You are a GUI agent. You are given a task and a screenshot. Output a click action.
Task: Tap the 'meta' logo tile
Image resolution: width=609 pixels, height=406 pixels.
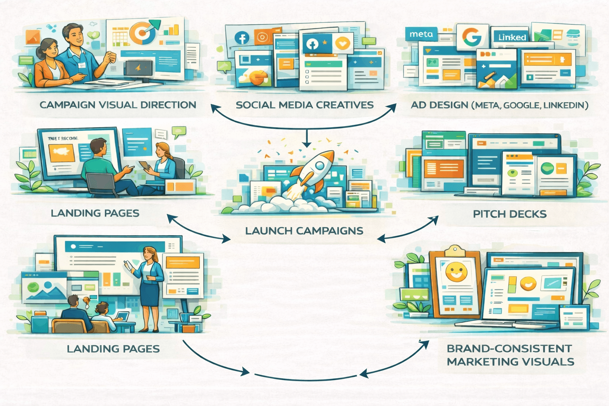(x=421, y=34)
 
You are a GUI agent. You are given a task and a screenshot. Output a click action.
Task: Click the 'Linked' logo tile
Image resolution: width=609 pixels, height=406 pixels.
(x=512, y=37)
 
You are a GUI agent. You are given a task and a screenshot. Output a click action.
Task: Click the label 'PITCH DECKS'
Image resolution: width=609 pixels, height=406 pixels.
(x=509, y=214)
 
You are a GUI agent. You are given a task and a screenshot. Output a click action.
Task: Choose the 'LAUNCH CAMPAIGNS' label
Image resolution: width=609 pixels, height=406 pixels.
(x=304, y=231)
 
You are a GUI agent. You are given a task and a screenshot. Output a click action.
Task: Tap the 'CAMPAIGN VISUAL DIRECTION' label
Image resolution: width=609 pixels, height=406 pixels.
(x=118, y=105)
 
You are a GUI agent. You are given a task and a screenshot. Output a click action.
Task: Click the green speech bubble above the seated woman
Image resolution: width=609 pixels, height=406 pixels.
(x=179, y=131)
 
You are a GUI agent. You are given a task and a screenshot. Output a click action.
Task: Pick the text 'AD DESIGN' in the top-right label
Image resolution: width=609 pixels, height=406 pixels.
(x=439, y=105)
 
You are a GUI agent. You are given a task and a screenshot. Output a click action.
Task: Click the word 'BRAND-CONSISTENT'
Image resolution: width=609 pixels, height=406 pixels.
(x=509, y=349)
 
